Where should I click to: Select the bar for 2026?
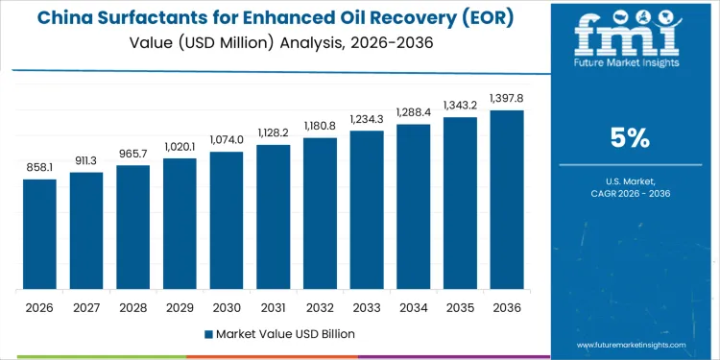pos(39,234)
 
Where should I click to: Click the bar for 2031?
pos(273,217)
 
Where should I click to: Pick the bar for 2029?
pos(180,224)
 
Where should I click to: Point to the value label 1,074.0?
pos(227,139)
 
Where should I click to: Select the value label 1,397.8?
pos(506,98)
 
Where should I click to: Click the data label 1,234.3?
pos(366,118)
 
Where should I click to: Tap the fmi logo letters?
pos(631,36)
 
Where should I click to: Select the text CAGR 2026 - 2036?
pos(631,195)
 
